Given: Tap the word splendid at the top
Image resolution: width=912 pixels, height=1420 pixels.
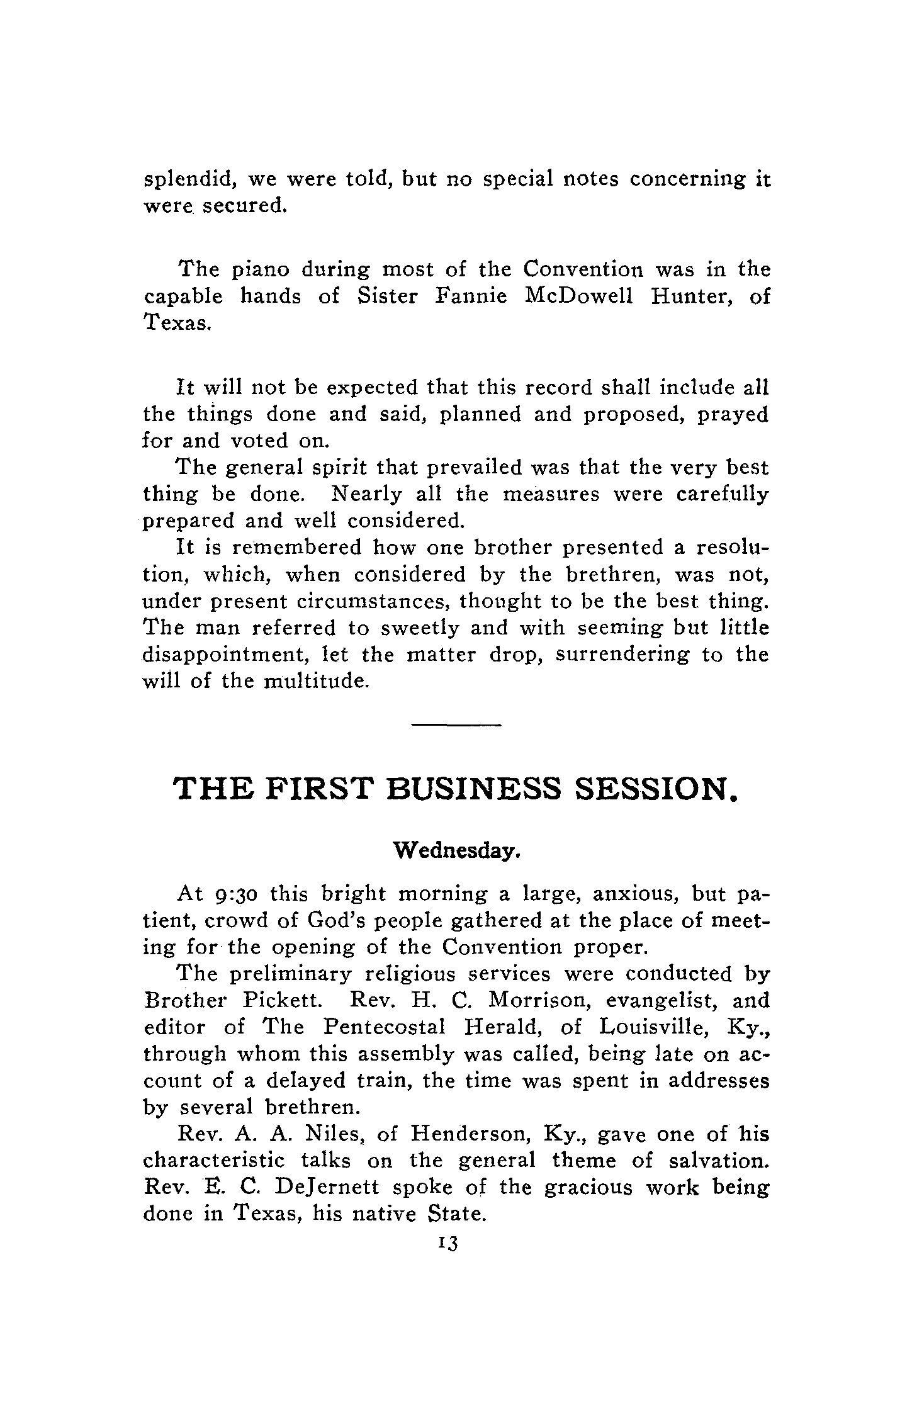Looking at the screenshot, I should coord(190,180).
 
